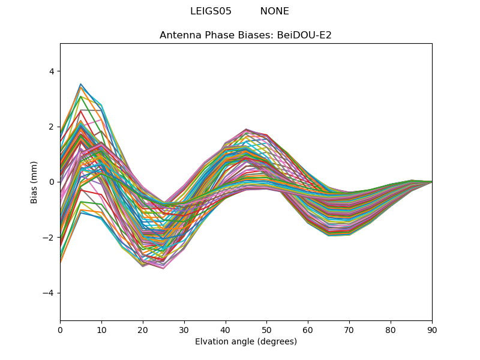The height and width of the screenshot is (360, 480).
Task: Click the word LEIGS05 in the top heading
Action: click(x=211, y=11)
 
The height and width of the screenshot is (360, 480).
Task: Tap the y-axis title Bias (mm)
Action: click(x=35, y=182)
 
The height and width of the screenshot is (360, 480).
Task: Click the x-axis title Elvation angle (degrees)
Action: click(x=246, y=342)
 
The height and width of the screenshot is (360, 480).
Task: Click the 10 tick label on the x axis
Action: click(x=101, y=329)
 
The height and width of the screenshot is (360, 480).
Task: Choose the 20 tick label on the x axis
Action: click(x=143, y=329)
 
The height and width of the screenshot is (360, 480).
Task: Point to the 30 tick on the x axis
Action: click(x=184, y=329)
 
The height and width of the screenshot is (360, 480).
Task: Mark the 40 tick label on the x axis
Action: click(x=226, y=329)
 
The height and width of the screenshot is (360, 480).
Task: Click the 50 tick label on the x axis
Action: click(x=266, y=329)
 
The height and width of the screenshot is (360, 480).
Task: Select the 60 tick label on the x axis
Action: click(x=308, y=329)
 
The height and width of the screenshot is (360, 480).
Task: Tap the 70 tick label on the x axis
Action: click(x=349, y=329)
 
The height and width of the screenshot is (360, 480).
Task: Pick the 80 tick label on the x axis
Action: click(x=391, y=329)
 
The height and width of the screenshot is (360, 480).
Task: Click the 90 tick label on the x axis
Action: click(x=432, y=329)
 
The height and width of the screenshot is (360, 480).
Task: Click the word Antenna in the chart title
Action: click(x=178, y=35)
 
